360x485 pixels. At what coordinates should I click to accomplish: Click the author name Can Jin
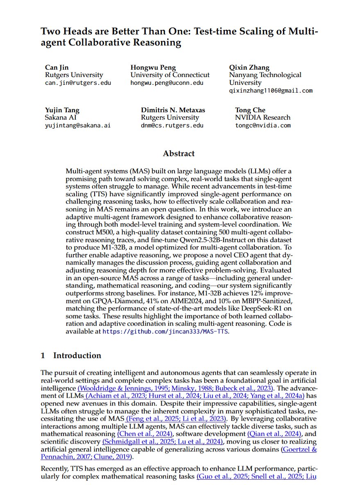tap(57, 67)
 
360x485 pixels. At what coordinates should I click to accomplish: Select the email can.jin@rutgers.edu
tap(78, 83)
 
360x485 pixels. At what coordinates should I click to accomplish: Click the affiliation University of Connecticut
tap(170, 75)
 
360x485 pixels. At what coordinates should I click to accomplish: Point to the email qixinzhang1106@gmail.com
tap(271, 91)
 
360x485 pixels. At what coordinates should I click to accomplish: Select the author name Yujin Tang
tap(62, 110)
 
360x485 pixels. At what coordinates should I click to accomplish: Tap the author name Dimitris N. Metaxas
tap(173, 110)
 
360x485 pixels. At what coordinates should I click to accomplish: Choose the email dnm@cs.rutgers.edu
tap(172, 125)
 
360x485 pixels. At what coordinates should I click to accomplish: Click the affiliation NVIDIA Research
tap(263, 118)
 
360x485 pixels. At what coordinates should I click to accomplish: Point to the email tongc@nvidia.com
tap(263, 125)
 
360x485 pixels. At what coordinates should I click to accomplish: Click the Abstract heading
tap(179, 154)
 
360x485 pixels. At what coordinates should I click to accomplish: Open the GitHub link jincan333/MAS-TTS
tap(165, 331)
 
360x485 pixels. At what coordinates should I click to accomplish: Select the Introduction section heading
tap(77, 355)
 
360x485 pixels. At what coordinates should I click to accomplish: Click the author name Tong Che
tap(250, 110)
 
